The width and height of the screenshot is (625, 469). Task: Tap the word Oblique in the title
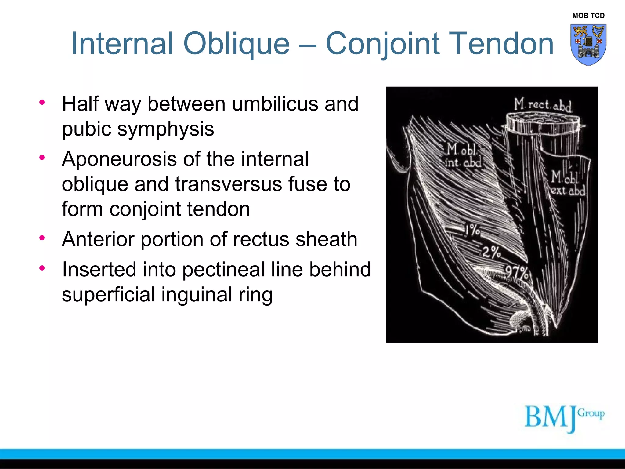236,44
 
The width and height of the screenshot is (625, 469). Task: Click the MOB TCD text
588,16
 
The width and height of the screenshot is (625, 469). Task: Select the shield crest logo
588,45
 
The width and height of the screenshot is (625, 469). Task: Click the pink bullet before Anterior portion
42,238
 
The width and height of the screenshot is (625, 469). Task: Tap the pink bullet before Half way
42,102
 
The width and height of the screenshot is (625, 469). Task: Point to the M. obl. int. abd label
463,156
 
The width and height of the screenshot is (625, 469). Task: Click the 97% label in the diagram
516,273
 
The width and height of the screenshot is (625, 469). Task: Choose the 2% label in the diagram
491,253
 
